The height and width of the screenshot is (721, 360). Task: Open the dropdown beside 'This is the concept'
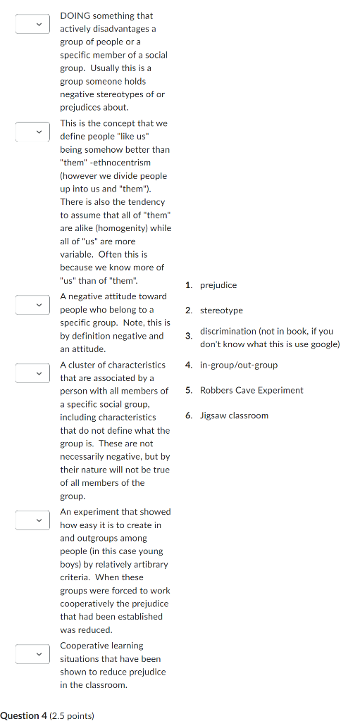click(33, 132)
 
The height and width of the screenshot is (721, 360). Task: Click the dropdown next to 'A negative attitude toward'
click(33, 305)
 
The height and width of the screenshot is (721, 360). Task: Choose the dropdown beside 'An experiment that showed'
click(33, 520)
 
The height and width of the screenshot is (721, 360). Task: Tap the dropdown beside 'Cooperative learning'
click(33, 654)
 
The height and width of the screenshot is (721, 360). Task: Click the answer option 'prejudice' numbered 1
click(218, 285)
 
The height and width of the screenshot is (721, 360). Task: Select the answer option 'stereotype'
click(221, 311)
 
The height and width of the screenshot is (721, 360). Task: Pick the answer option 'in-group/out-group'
click(239, 365)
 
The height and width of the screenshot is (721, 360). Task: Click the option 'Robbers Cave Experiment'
click(252, 390)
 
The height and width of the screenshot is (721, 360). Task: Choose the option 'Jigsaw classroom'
click(234, 415)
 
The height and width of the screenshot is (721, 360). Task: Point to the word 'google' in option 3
click(324, 344)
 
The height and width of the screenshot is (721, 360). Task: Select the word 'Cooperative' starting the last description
click(82, 646)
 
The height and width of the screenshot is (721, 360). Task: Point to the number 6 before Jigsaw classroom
click(188, 415)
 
